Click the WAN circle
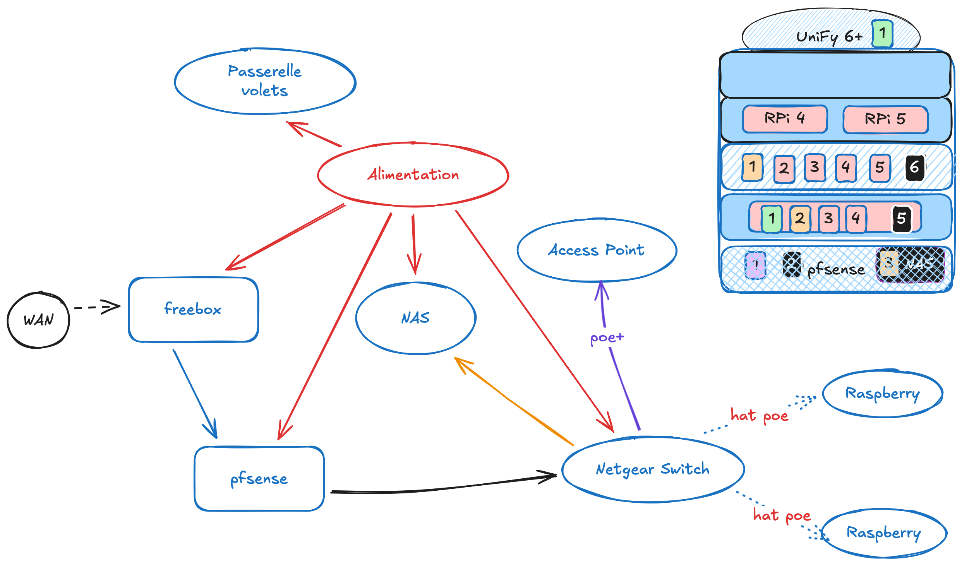coord(38,320)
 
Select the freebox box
coord(193,310)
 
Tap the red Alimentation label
coord(413,175)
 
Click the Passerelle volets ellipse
coord(265,81)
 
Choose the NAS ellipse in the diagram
coord(415,318)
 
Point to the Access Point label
coord(596,250)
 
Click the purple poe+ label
coord(607,338)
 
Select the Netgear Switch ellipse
coord(653,469)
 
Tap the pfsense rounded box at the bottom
coord(259,479)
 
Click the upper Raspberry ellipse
coord(882,394)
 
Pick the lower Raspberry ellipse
coord(883,533)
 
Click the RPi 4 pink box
coord(785,118)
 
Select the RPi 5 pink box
coord(885,119)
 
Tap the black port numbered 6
coord(915,168)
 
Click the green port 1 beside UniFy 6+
coord(882,34)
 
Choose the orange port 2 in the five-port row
coord(800,219)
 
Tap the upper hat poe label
coord(759,416)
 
